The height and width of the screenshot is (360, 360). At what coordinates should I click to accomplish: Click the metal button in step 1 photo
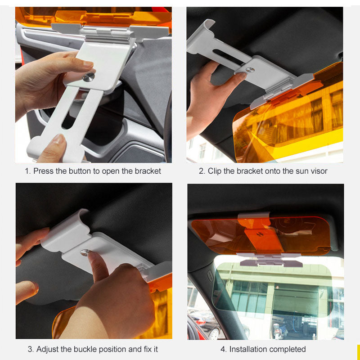pyautogui.click(x=89, y=77)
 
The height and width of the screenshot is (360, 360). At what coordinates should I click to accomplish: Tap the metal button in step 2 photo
pyautogui.click(x=250, y=70)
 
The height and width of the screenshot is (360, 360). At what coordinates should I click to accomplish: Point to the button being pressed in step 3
pyautogui.click(x=85, y=252)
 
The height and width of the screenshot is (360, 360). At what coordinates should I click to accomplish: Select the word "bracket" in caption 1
pyautogui.click(x=148, y=171)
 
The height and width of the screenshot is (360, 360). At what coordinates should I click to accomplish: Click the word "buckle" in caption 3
pyautogui.click(x=85, y=349)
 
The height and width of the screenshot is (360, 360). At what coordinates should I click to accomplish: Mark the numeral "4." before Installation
pyautogui.click(x=224, y=350)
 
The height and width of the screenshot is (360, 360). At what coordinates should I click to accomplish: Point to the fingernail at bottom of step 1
pyautogui.click(x=58, y=139)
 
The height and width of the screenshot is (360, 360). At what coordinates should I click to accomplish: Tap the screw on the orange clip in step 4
pyautogui.click(x=260, y=234)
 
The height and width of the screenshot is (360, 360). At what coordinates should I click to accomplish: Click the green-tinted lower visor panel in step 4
pyautogui.click(x=273, y=289)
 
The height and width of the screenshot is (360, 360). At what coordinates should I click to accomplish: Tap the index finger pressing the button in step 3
pyautogui.click(x=98, y=266)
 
